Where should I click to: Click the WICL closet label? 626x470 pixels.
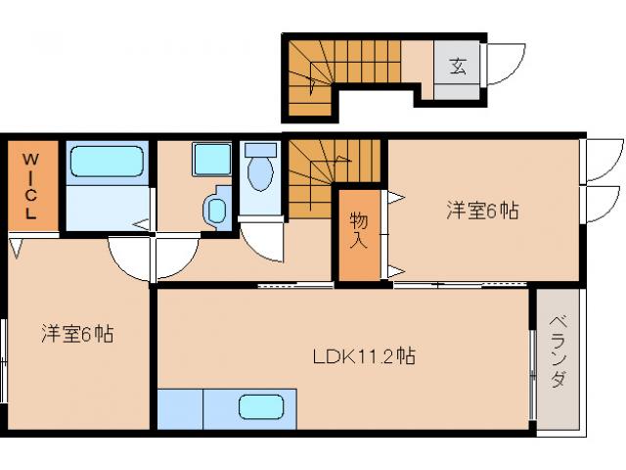[x=31, y=186]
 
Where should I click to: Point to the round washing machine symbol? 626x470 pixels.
[x=217, y=209]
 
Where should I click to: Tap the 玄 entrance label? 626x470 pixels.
[x=457, y=67]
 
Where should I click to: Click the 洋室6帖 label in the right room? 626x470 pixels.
[x=482, y=210]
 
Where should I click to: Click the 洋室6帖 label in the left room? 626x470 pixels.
[x=77, y=333]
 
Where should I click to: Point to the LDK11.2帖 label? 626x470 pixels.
[x=365, y=356]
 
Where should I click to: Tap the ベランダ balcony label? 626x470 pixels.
[x=557, y=352]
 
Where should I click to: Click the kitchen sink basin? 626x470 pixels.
[x=267, y=406]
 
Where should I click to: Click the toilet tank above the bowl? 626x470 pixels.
[x=260, y=151]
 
